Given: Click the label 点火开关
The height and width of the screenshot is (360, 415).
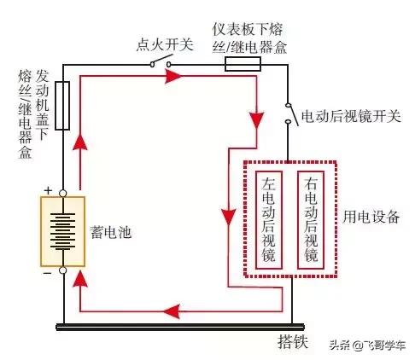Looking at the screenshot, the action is click(165, 44).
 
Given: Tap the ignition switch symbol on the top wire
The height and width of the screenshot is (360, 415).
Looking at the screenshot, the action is click(161, 61).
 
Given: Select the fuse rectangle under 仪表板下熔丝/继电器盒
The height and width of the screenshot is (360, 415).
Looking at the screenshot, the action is click(243, 64).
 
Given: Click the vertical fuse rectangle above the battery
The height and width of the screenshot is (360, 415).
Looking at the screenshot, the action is click(62, 106).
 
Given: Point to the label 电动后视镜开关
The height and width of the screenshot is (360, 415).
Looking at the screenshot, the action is click(351, 116).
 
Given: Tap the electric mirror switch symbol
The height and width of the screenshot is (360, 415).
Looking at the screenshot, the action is click(291, 114).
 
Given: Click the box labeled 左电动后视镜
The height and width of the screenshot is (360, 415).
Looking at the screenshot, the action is click(269, 220).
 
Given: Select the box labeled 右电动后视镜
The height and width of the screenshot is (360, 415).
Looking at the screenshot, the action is click(311, 220).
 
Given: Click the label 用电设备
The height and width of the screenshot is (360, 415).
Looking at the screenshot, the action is click(371, 217).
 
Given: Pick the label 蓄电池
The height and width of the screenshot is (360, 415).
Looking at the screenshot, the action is click(111, 232).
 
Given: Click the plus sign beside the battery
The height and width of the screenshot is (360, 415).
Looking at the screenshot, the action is click(49, 190).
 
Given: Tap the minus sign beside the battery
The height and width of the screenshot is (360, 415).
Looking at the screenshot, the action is click(48, 273).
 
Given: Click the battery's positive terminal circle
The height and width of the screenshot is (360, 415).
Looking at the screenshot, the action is click(62, 194).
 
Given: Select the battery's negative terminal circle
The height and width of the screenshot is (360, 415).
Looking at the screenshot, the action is click(62, 270).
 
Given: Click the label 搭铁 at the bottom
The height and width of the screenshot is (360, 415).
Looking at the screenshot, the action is click(293, 341).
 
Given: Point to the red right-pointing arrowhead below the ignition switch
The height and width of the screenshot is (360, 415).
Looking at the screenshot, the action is click(173, 76).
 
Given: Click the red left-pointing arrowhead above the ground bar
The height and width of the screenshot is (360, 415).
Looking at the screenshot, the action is click(172, 311).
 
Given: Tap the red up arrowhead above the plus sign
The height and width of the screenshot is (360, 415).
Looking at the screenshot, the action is click(80, 142).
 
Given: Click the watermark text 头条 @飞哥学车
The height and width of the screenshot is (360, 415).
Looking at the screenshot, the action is click(367, 345).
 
